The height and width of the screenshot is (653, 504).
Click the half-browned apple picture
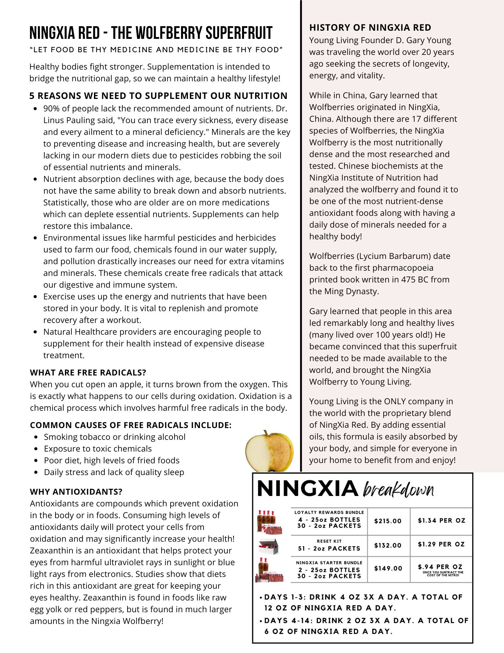269,451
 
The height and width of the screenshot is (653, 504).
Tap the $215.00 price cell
388,521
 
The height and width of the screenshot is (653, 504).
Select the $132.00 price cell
388,545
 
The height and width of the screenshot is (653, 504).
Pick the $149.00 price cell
388,568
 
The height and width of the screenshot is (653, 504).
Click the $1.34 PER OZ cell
441,520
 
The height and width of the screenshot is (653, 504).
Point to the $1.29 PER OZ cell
441,544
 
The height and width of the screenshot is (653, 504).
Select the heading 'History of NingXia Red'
370,27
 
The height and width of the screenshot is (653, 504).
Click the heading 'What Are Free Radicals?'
88,373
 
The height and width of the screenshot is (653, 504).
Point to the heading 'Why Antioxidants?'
76,492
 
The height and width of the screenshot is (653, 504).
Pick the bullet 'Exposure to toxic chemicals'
98,449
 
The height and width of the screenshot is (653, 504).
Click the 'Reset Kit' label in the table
329,541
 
